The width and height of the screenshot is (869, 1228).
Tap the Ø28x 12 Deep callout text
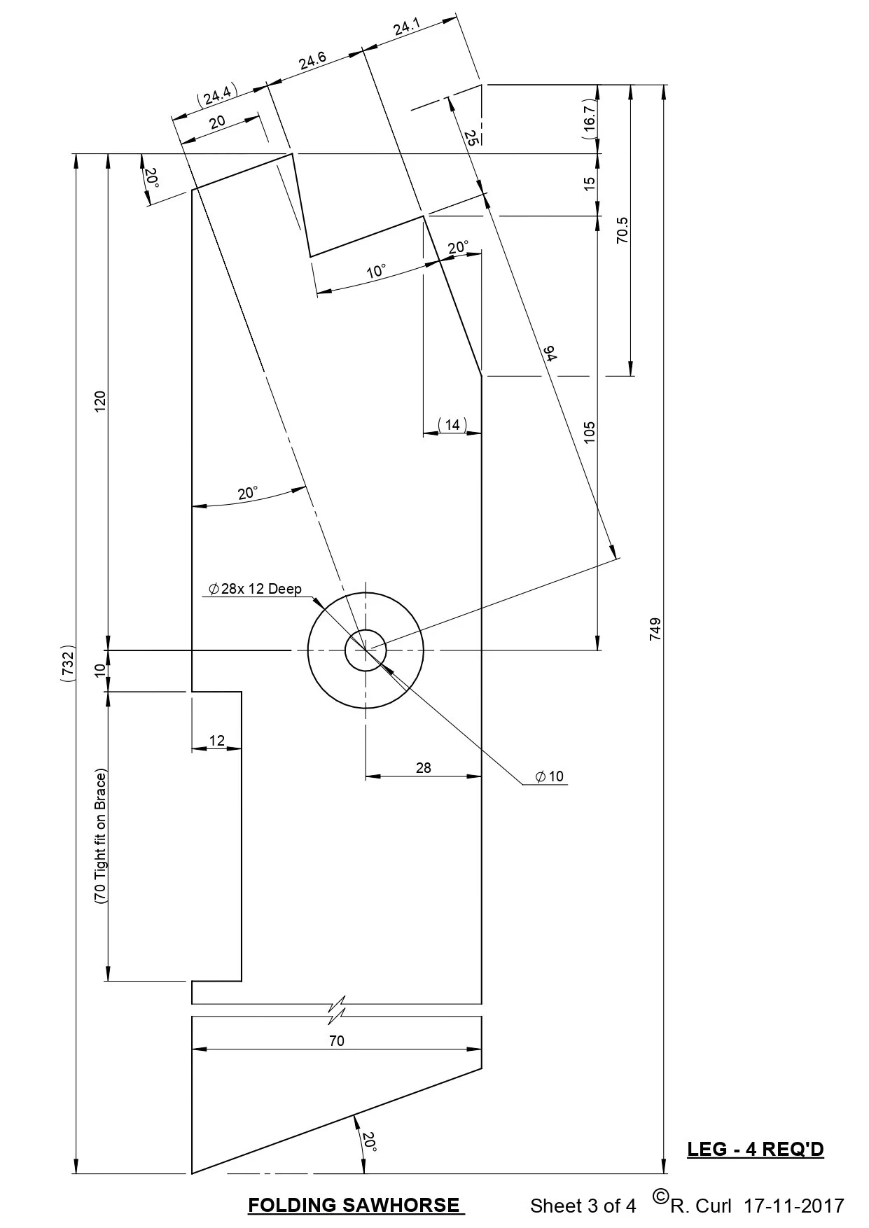coord(255,589)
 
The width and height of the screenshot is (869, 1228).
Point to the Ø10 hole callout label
coord(549,776)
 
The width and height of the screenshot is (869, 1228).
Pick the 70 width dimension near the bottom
coord(337,1041)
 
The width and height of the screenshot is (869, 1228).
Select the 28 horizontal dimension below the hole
coord(423,768)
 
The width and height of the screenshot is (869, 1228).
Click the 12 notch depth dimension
coord(217,741)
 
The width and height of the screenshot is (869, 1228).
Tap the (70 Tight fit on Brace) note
coord(100,837)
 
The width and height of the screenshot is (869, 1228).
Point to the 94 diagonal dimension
coord(550,354)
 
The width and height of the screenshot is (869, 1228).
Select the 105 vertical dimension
coord(589,431)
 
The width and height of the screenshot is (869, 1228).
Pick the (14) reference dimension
coord(452,425)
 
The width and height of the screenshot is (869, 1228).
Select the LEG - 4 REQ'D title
coord(755,1150)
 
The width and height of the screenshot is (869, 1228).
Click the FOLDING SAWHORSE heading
coord(356,1205)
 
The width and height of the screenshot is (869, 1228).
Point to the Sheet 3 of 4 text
coord(583,1206)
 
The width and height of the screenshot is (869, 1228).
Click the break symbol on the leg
coord(338,1009)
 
